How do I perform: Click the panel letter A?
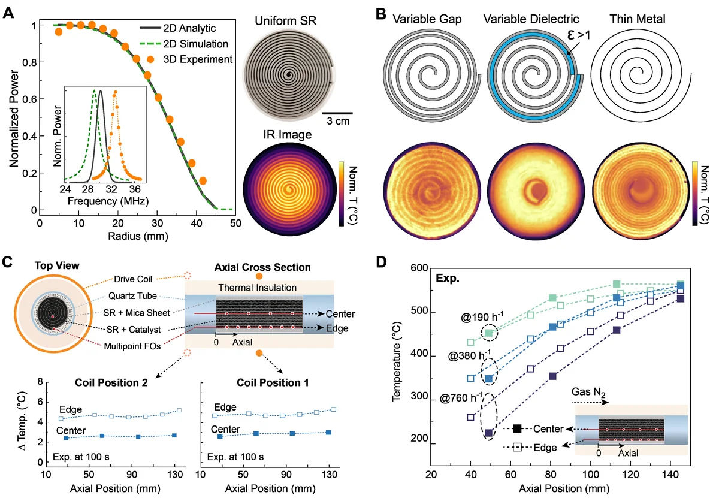[x=8, y=14]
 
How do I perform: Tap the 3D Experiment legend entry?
[x=189, y=59]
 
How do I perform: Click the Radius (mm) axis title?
[x=138, y=236]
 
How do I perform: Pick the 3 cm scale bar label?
[x=338, y=121]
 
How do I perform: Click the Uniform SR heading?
[x=285, y=21]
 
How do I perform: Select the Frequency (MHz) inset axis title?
[x=108, y=201]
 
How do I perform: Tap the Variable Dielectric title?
[x=531, y=19]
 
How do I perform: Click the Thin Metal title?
[x=637, y=19]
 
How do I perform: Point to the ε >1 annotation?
[x=578, y=35]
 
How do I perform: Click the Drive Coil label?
[x=133, y=279]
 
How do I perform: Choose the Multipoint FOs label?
[x=132, y=346]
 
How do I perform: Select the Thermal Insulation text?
[x=258, y=288]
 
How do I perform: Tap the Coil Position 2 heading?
[x=111, y=383]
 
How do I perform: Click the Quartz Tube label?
[x=132, y=296]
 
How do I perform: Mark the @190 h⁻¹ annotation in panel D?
[x=482, y=317]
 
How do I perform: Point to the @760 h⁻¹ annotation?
[x=461, y=398]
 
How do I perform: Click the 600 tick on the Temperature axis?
[x=419, y=268]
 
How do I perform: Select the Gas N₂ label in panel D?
[x=588, y=392]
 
